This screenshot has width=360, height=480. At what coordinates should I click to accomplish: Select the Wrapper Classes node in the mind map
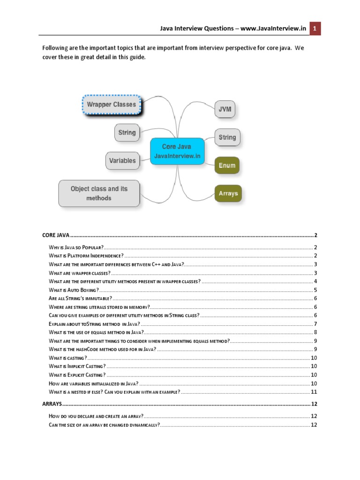[x=112, y=105]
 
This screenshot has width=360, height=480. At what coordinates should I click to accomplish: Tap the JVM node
[x=224, y=109]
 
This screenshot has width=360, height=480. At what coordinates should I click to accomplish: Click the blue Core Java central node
[x=177, y=151]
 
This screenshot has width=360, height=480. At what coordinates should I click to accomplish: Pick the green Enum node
[x=227, y=165]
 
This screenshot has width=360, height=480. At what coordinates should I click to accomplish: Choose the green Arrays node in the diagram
[x=228, y=193]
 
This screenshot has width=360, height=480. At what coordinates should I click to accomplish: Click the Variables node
[x=122, y=161]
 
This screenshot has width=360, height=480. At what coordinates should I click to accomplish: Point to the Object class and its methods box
[x=99, y=193]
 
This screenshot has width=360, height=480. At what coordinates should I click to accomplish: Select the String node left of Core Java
[x=127, y=133]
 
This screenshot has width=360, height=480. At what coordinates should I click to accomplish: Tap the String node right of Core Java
[x=227, y=137]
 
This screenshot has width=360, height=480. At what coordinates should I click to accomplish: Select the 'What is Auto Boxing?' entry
[x=71, y=290]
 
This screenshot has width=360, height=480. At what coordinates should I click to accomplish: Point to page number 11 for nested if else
[x=315, y=392]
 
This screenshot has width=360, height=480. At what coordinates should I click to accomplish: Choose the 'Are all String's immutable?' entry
[x=80, y=298]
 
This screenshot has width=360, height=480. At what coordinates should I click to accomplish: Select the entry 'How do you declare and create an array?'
[x=96, y=416]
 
